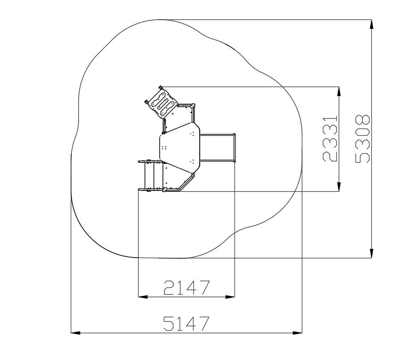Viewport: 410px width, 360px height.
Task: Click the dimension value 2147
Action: pyautogui.click(x=187, y=287)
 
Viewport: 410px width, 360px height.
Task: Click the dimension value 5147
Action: pyautogui.click(x=186, y=324)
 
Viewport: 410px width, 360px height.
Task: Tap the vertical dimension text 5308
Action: pyautogui.click(x=363, y=139)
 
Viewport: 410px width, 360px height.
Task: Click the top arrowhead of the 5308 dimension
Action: pyautogui.click(x=372, y=24)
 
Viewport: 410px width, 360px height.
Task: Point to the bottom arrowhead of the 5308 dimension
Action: pyautogui.click(x=372, y=253)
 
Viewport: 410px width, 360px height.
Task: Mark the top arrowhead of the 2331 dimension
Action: pyautogui.click(x=339, y=91)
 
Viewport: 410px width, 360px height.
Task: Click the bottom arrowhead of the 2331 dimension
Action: pyautogui.click(x=339, y=187)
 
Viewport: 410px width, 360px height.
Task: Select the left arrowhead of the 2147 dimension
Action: pyautogui.click(x=143, y=297)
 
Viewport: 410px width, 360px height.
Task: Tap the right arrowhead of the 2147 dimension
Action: pyautogui.click(x=230, y=297)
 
